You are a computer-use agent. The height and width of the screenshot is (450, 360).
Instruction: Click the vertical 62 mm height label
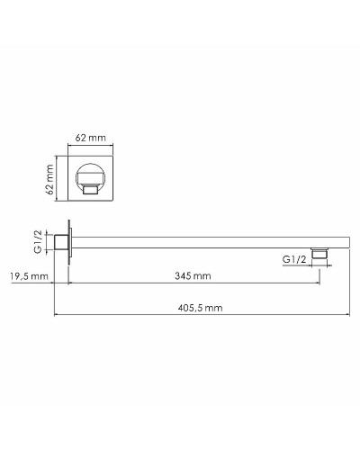tap(51, 180)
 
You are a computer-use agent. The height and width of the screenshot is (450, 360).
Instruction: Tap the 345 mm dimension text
tap(193, 275)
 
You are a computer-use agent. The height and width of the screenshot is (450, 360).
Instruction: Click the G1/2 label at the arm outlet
tap(294, 259)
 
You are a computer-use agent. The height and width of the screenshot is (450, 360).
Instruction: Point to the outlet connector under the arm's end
tap(319, 256)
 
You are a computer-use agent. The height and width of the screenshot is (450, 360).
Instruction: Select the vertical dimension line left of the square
tap(59, 180)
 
